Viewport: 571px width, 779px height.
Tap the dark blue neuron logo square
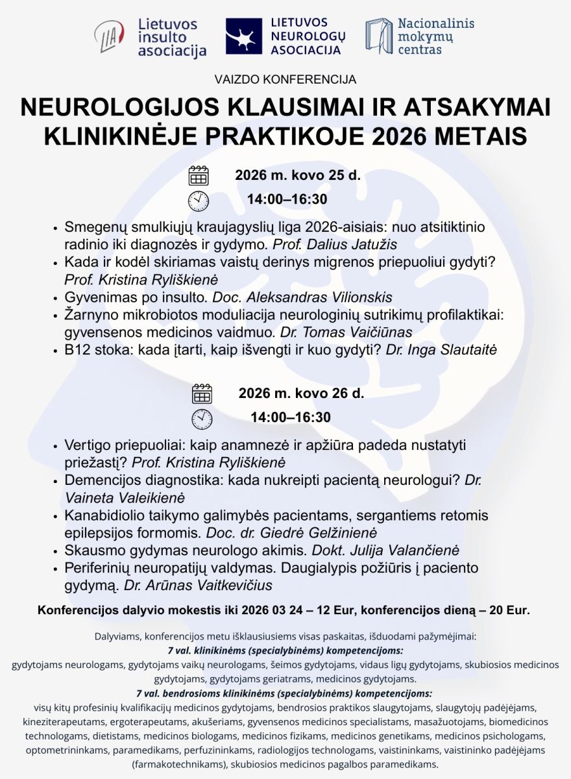(x=244, y=36)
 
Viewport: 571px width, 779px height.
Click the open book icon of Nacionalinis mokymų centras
(x=378, y=36)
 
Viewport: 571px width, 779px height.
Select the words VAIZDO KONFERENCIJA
(x=285, y=80)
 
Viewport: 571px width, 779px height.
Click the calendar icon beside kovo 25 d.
(x=199, y=176)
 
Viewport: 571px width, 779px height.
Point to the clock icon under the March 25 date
(x=199, y=201)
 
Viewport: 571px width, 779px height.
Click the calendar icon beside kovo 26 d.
(x=202, y=393)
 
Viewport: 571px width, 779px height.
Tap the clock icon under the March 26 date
(x=202, y=419)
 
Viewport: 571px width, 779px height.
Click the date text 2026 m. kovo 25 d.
(x=297, y=175)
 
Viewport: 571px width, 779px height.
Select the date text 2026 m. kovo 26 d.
(x=301, y=393)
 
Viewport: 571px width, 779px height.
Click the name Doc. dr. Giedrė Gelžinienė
(x=291, y=533)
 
